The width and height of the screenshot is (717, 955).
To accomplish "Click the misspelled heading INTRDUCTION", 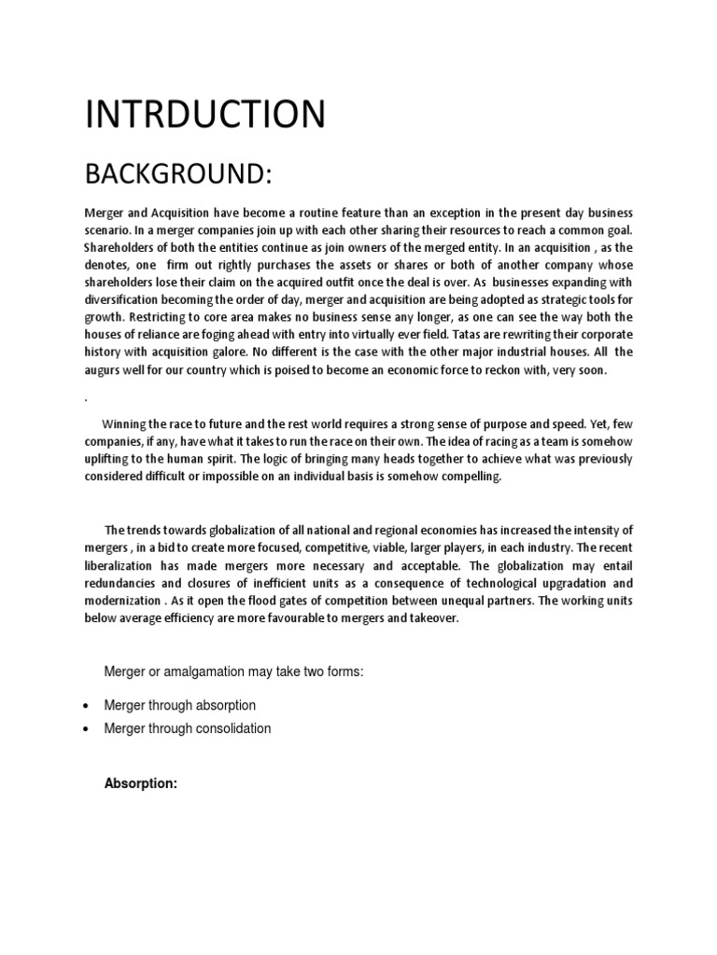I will click(205, 115).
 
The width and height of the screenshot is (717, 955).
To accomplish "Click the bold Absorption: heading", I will click(140, 784).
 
